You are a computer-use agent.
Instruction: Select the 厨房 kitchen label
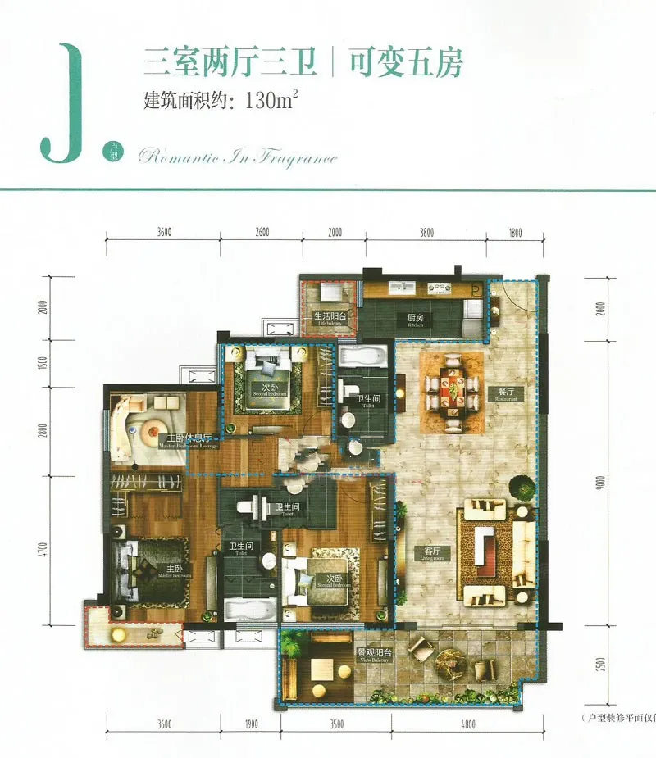tap(415, 318)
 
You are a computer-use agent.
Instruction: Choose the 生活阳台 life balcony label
tap(330, 317)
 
